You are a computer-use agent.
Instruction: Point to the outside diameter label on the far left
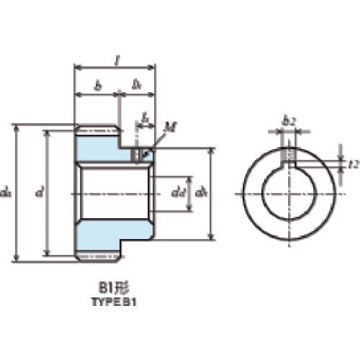(x=6, y=192)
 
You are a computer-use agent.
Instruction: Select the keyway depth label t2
(x=352, y=164)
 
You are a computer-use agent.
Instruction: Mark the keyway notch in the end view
(x=288, y=156)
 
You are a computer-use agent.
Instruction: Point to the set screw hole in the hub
(x=139, y=153)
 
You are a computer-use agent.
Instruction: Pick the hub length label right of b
(x=138, y=84)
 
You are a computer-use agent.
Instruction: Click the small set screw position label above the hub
(x=145, y=115)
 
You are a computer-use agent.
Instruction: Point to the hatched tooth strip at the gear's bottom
(x=97, y=256)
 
